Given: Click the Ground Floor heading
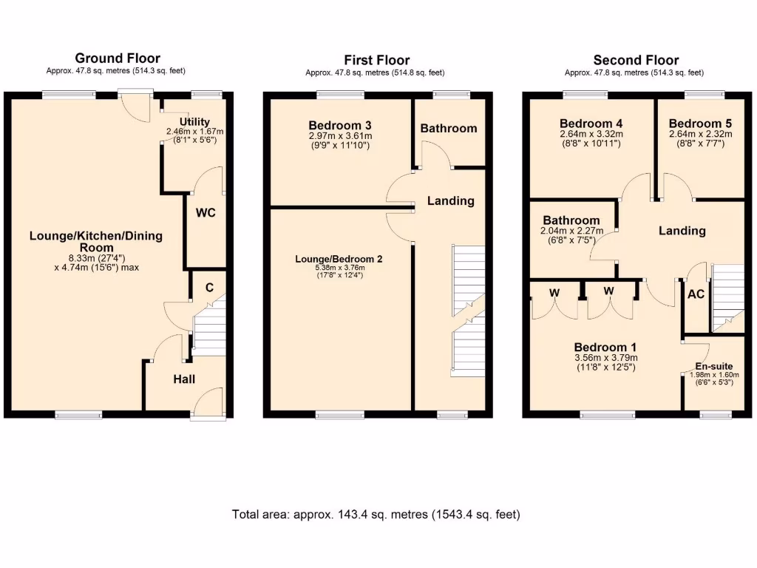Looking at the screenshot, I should click(x=117, y=58).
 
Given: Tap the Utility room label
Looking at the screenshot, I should click(x=194, y=122).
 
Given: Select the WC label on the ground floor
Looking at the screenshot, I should click(x=205, y=213).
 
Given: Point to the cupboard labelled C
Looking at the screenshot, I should click(x=209, y=288).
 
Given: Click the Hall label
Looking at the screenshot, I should click(x=184, y=379).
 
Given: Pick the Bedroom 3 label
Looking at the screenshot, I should click(x=340, y=125).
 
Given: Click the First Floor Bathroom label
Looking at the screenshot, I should click(x=449, y=129).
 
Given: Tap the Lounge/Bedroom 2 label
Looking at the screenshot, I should click(x=339, y=259).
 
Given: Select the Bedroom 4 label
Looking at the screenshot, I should click(x=585, y=124).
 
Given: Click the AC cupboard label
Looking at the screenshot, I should click(x=696, y=294).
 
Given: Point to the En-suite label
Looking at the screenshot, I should click(x=714, y=366).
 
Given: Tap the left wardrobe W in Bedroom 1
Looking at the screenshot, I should click(x=554, y=292).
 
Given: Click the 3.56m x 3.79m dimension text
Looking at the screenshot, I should click(x=605, y=358).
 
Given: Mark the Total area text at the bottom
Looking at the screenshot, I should click(x=376, y=515).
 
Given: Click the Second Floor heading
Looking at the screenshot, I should click(x=636, y=60).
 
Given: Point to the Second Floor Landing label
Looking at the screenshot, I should click(x=682, y=231).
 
